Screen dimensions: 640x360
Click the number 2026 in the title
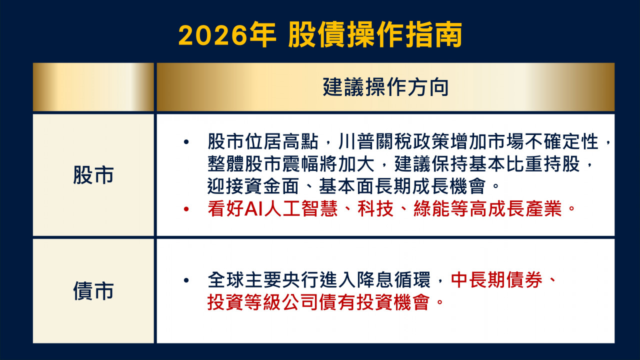213,35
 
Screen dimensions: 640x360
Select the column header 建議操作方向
385,87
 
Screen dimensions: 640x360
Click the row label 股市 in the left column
93,175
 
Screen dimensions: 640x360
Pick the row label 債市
93,291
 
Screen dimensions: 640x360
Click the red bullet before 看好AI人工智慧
186,209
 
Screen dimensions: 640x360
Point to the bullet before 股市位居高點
186,141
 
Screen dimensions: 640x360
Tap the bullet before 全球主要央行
186,280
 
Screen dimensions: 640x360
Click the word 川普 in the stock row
357,141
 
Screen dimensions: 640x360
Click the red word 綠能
431,209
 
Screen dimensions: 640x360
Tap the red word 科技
375,209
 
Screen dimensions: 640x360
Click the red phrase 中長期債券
496,279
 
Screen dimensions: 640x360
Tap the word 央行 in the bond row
301,279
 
